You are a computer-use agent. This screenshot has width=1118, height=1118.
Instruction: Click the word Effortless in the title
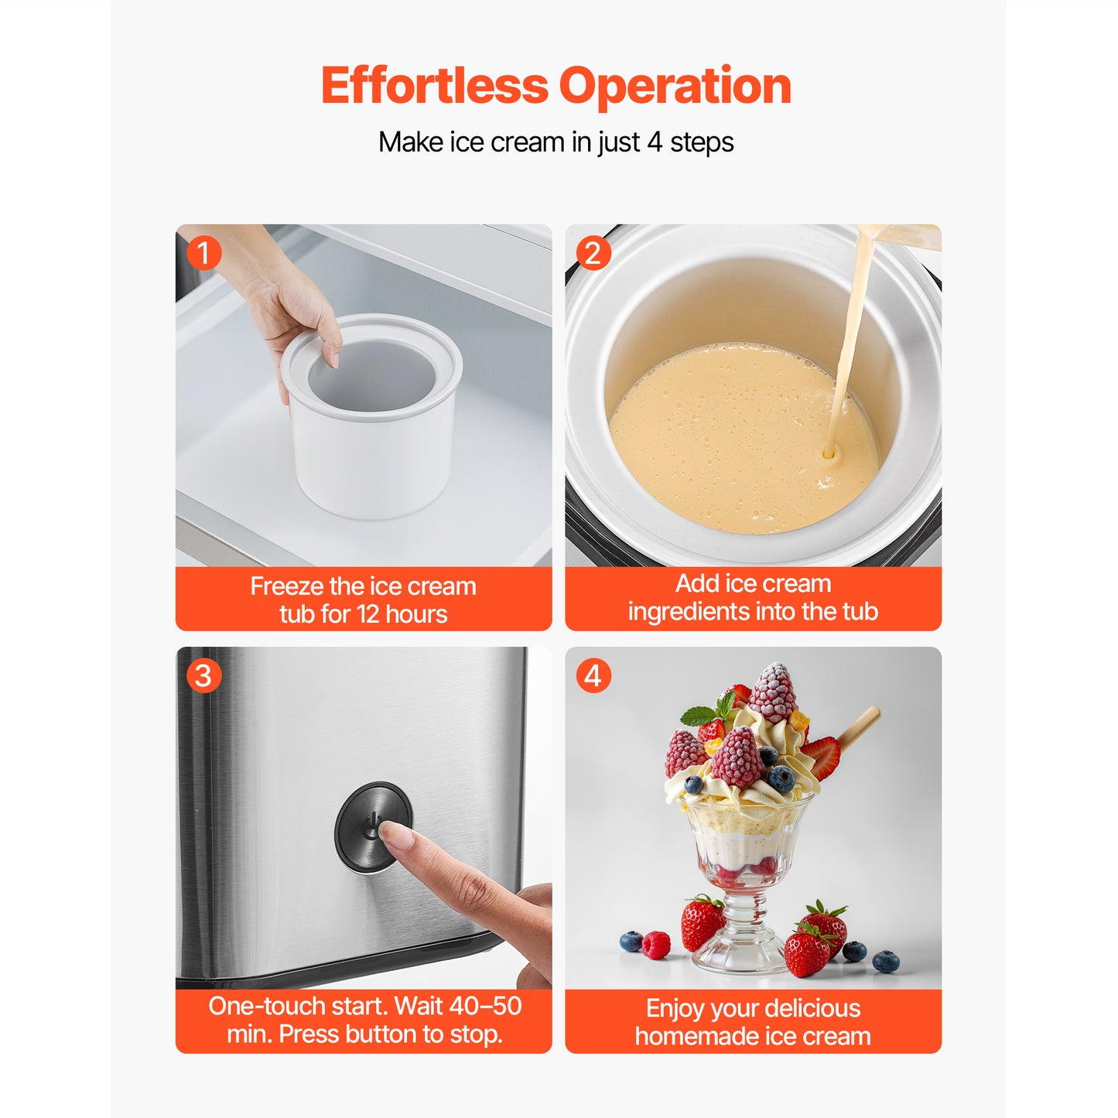(x=434, y=85)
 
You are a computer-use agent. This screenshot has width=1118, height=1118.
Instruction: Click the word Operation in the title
(x=675, y=87)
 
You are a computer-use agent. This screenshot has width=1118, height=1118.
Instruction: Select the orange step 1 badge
(x=204, y=253)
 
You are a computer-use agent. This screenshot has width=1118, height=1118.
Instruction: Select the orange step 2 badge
(x=593, y=253)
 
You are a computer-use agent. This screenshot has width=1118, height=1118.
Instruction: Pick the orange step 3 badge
(x=203, y=675)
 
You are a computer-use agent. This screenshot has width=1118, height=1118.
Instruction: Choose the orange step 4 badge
(x=593, y=675)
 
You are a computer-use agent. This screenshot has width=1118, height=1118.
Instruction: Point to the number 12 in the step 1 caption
(x=368, y=614)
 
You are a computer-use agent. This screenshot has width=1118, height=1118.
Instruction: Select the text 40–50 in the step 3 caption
(x=485, y=1006)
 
